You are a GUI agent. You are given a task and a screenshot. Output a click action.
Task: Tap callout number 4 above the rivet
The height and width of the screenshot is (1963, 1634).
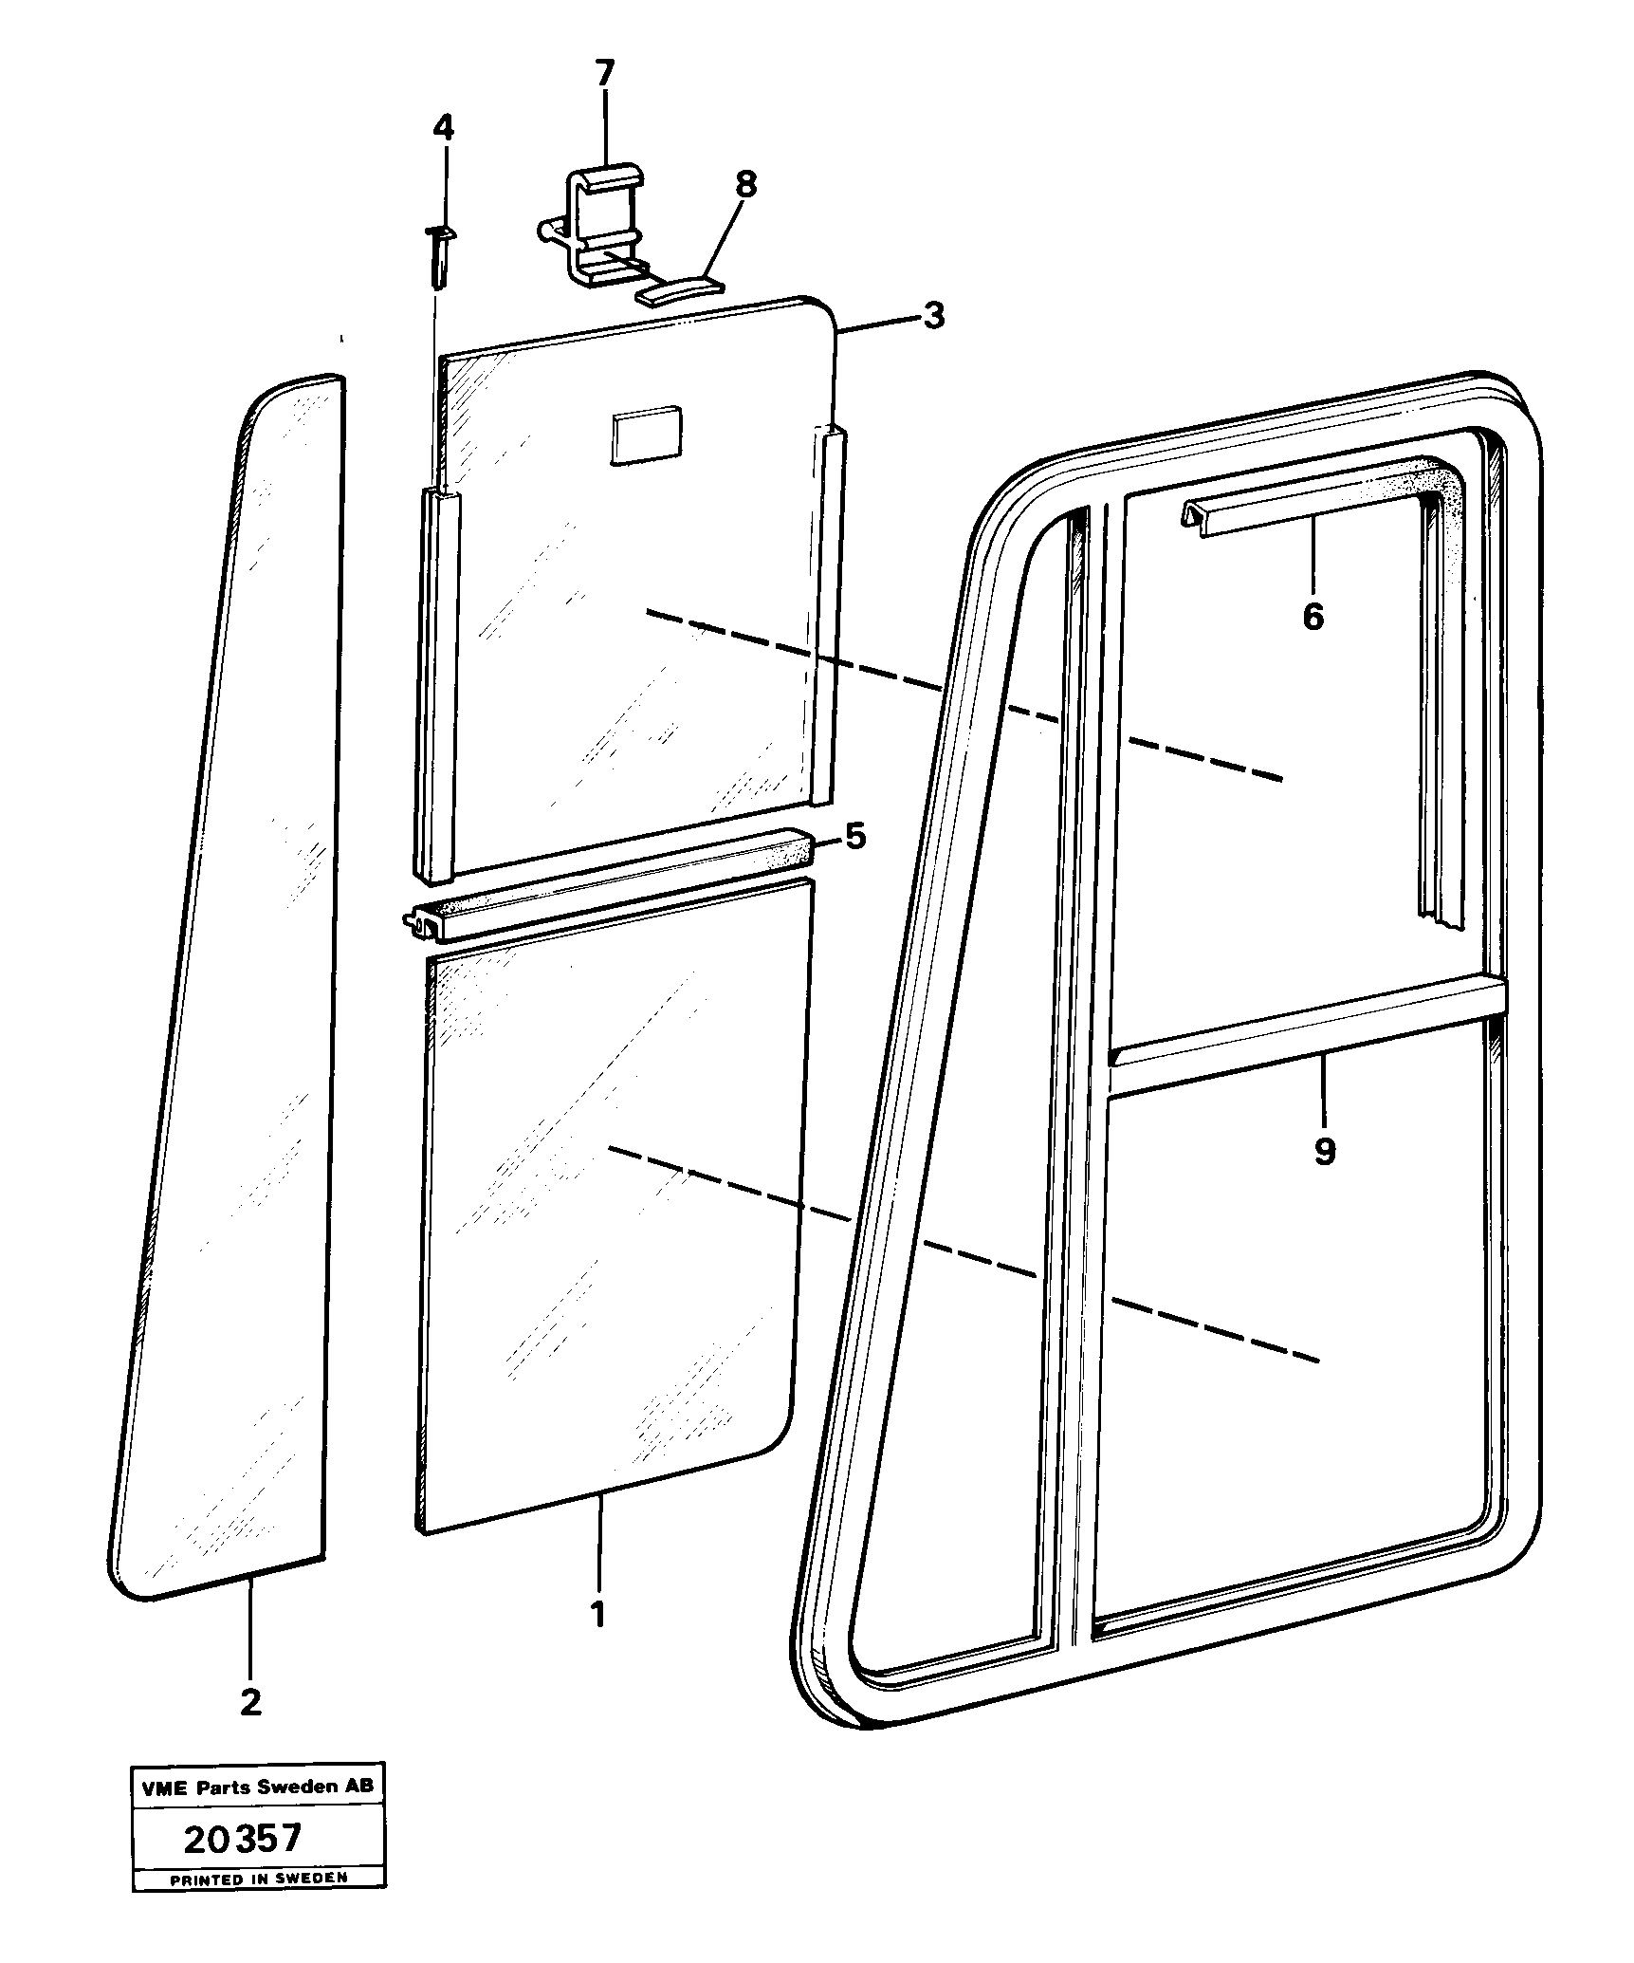tap(444, 127)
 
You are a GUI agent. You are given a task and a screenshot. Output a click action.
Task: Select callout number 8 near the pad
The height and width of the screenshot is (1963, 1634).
tap(746, 185)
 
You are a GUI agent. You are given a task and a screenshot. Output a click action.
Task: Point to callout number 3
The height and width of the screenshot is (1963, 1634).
tap(934, 316)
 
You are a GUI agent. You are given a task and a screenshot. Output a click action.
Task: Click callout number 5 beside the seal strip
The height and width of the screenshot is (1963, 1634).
tap(855, 837)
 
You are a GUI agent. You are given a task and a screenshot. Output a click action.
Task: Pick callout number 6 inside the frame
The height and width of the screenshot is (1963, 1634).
tap(1313, 618)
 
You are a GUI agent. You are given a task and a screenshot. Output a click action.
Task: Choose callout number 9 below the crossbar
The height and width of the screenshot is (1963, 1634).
tap(1325, 1151)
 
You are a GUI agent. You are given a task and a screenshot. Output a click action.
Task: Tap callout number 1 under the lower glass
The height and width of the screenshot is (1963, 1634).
tap(598, 1613)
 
